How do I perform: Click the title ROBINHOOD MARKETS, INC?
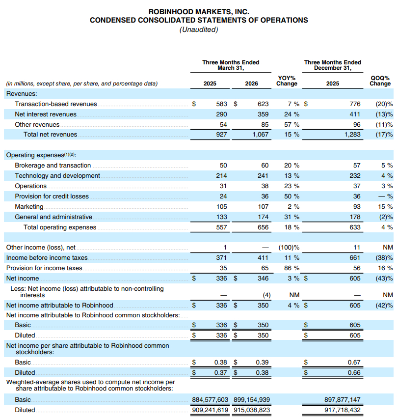click(x=199, y=11)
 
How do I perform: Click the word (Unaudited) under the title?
click(x=199, y=29)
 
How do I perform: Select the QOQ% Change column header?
click(x=380, y=81)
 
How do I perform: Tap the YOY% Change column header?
click(x=287, y=81)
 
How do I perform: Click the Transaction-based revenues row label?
click(x=56, y=104)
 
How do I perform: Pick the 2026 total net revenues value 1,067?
click(x=260, y=135)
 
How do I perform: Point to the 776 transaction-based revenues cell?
click(x=355, y=104)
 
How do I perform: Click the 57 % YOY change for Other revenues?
click(x=291, y=125)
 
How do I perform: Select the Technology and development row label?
click(x=57, y=176)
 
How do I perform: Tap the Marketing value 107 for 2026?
click(x=263, y=207)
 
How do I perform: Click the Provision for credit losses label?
click(x=52, y=196)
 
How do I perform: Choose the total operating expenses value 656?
click(x=263, y=227)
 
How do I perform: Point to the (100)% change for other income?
click(x=289, y=248)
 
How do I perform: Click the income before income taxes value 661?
click(x=355, y=258)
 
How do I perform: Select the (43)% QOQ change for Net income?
click(x=383, y=279)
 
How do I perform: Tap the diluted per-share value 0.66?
click(x=354, y=372)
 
